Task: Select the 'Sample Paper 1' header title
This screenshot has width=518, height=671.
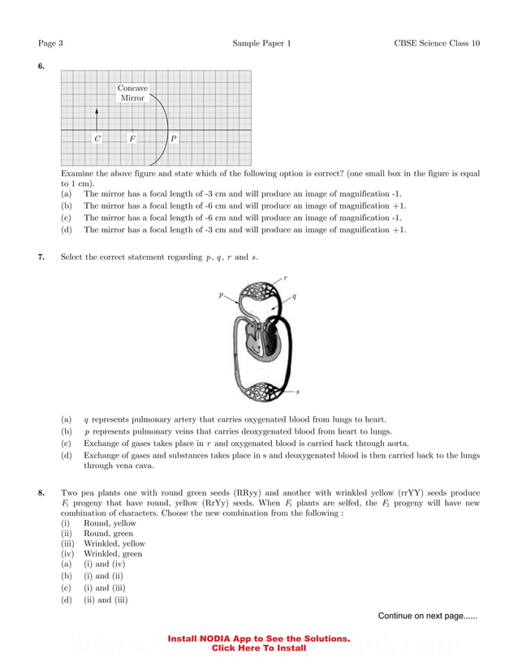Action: click(x=261, y=42)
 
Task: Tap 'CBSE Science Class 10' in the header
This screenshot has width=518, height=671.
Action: click(x=431, y=42)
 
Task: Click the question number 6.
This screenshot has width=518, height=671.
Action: click(x=41, y=66)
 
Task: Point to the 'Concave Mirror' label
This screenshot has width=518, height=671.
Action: click(x=132, y=93)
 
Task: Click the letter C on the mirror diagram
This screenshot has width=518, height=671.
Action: click(x=97, y=139)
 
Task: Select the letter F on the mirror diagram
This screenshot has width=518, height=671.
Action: click(x=132, y=139)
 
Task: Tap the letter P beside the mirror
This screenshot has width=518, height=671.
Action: click(x=173, y=139)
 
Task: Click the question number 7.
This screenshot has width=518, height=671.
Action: click(x=41, y=258)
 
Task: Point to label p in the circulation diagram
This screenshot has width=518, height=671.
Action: click(x=220, y=296)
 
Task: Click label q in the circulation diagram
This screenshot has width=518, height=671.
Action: click(x=294, y=296)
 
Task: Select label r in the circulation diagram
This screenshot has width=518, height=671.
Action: click(x=285, y=278)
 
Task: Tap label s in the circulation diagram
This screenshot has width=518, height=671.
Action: click(x=297, y=392)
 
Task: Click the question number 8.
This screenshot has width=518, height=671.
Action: click(x=41, y=493)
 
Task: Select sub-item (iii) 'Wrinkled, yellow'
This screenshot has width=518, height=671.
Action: click(x=114, y=543)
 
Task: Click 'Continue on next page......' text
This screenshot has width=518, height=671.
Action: click(x=427, y=616)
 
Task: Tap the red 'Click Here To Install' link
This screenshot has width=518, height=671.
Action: click(x=259, y=648)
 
